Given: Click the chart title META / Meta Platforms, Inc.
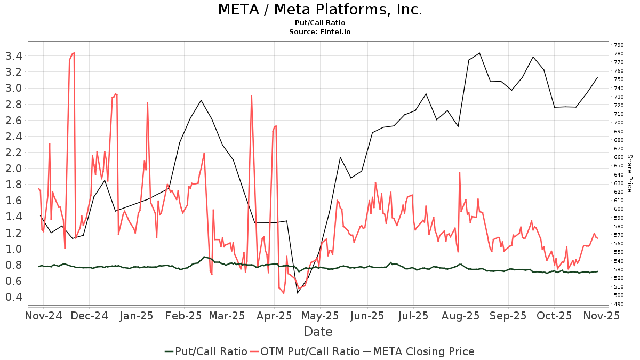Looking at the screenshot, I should [320, 10].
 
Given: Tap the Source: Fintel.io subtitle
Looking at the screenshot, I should [320, 32].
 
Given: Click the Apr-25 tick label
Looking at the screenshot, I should [275, 316].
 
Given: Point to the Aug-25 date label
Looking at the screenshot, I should [461, 316].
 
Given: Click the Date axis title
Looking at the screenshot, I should [318, 332].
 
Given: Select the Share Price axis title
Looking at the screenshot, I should [629, 173].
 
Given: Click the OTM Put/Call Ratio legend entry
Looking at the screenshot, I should [305, 351].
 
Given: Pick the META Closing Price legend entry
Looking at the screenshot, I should [419, 351].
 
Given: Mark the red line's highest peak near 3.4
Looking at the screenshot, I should [74, 53].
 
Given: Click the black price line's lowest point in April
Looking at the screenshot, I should [298, 293].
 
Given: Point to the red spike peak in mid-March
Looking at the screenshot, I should [251, 96].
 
